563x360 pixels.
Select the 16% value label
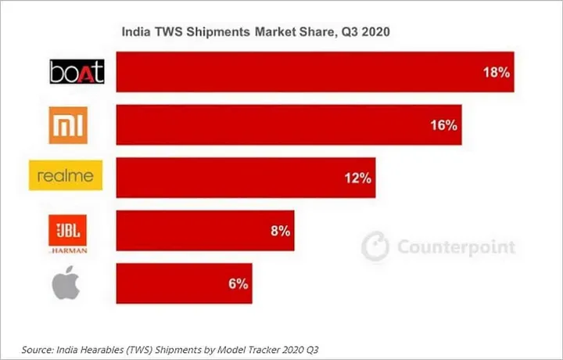point(443,125)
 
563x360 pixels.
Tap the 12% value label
point(357,178)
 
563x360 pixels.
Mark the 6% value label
point(237,283)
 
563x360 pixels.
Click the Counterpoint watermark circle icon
point(375,247)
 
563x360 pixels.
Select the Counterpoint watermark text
point(457,247)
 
